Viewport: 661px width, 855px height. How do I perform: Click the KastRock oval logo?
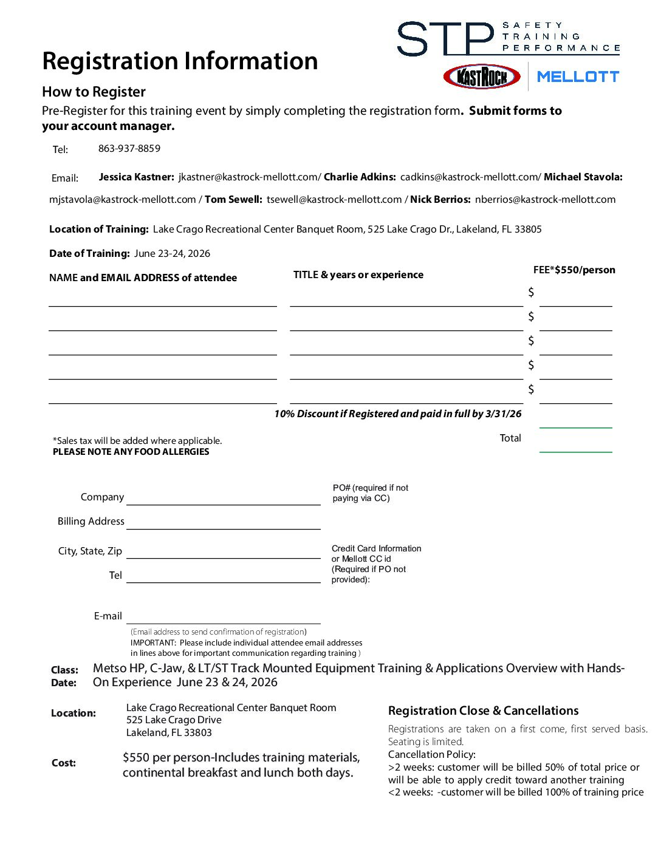[x=482, y=77]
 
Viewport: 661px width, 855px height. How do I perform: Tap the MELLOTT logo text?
[x=578, y=77]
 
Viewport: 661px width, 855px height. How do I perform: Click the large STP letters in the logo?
[x=445, y=39]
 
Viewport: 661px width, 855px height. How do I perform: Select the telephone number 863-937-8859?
[x=129, y=149]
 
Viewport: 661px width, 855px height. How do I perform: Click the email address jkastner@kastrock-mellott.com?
[x=249, y=177]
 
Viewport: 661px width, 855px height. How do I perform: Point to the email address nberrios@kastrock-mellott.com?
[x=545, y=200]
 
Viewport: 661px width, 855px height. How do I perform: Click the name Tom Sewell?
[x=233, y=200]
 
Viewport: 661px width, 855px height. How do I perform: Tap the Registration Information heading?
[x=180, y=61]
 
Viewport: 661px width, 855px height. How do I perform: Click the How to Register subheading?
[x=94, y=92]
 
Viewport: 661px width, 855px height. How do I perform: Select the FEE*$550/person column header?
[x=574, y=270]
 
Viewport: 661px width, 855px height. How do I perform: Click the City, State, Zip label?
[x=90, y=551]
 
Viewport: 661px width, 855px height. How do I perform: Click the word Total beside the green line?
[x=510, y=438]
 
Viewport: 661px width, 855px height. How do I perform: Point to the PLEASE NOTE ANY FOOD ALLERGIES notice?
[x=131, y=452]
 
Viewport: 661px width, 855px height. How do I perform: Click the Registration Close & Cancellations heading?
[x=483, y=711]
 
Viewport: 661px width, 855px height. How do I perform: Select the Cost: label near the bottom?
[x=64, y=763]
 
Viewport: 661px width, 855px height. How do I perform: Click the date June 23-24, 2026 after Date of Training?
[x=172, y=254]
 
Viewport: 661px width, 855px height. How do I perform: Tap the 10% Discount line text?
[x=397, y=414]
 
